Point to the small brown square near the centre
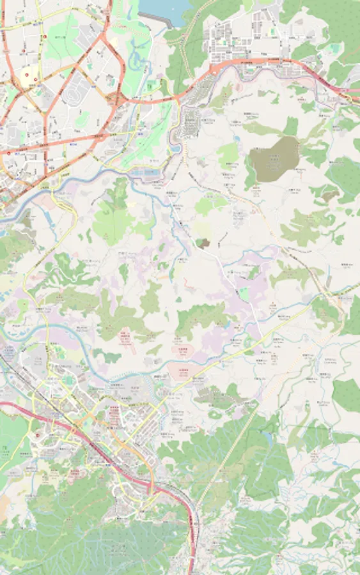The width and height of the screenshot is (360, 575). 203,243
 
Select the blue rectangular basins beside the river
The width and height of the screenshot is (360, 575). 145,173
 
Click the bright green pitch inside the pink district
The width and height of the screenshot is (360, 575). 244,295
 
